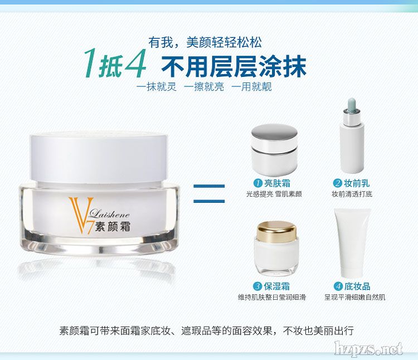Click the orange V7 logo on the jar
point(80,215)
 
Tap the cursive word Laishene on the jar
point(109,213)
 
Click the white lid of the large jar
point(99,157)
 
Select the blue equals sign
point(209,193)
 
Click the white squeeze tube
point(352,242)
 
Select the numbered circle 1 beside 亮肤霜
point(257,183)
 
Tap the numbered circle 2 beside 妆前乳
point(337,183)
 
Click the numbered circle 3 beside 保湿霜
point(257,286)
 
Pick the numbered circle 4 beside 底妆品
point(338,286)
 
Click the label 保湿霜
point(276,286)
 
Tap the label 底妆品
point(357,286)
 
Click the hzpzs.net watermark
point(369,348)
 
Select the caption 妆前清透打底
point(352,194)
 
